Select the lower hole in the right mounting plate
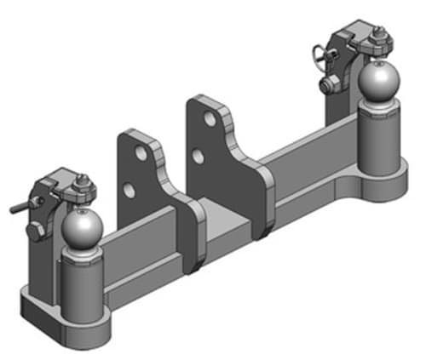[198, 156]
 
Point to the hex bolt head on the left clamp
[33, 231]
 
